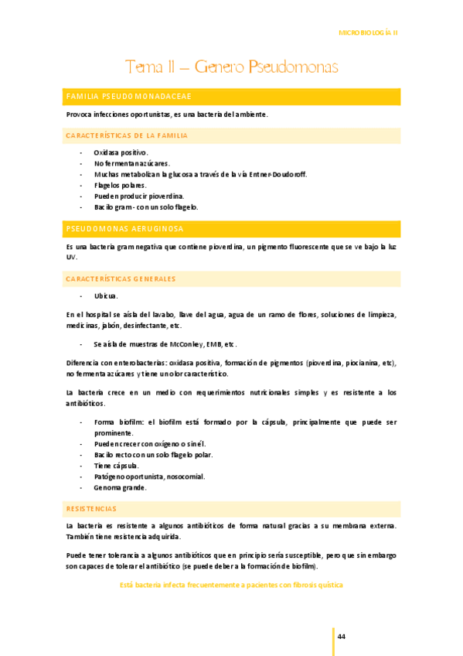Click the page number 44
tap(341, 637)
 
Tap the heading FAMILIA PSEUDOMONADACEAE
tap(129, 96)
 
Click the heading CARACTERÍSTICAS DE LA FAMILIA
tap(127, 135)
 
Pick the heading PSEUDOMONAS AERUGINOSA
tap(124, 229)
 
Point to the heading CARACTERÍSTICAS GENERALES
tap(121, 278)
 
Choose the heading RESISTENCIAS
tap(91, 509)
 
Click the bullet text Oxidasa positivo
tap(121, 153)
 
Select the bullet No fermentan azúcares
tap(131, 164)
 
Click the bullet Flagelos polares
tap(121, 186)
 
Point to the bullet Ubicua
tap(106, 296)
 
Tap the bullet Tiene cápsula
tap(117, 466)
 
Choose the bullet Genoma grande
tap(120, 487)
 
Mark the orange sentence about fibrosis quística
tap(231, 586)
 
